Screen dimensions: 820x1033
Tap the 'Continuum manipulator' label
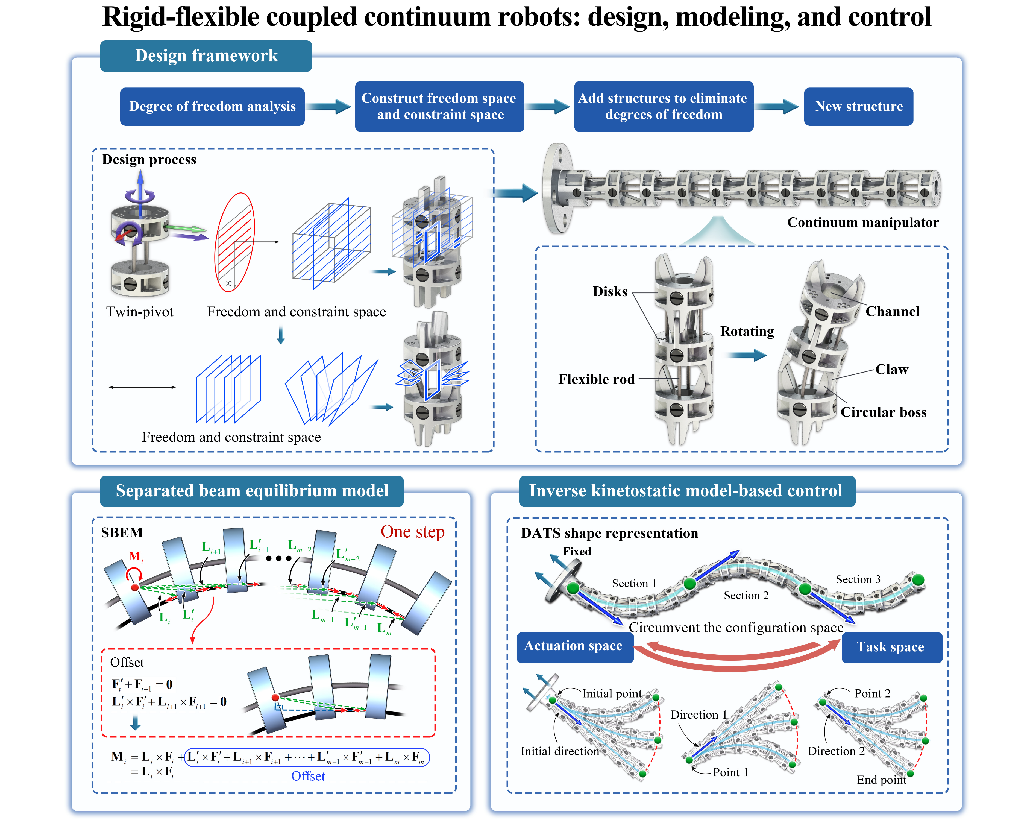point(862,222)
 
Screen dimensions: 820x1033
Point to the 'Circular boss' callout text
point(883,412)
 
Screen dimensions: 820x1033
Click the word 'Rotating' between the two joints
point(747,331)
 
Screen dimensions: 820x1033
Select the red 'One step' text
point(412,531)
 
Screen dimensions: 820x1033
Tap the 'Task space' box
point(890,647)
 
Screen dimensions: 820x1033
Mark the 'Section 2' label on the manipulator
point(746,595)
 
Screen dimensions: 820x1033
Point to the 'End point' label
point(881,780)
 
